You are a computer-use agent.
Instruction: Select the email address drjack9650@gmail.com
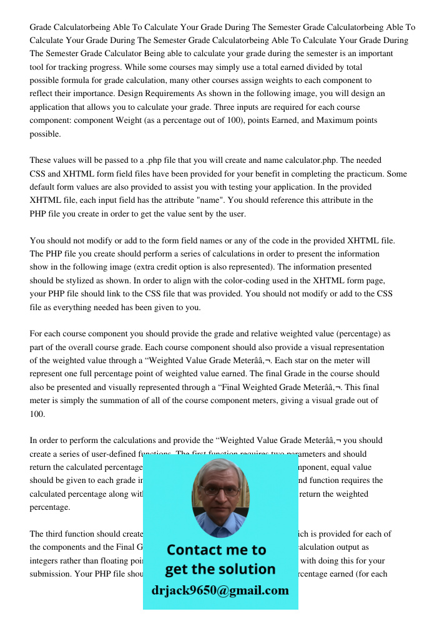click(220, 590)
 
